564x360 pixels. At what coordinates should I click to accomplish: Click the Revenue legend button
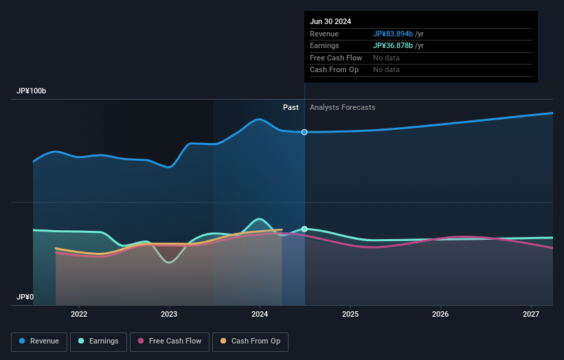click(40, 341)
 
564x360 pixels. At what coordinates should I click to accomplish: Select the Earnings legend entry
click(98, 341)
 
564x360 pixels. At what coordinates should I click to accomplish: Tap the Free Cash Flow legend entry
click(169, 341)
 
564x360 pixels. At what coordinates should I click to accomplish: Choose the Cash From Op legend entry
click(250, 341)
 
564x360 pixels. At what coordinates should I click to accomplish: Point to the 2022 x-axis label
click(79, 315)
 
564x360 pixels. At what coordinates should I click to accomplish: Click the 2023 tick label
click(169, 315)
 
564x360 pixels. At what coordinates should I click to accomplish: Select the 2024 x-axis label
click(260, 315)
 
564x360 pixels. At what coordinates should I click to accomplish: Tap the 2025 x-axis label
click(350, 315)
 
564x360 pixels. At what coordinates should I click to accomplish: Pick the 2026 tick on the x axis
click(440, 315)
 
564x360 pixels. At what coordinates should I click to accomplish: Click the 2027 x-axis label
click(531, 315)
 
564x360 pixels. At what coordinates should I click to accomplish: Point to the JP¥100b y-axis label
click(32, 91)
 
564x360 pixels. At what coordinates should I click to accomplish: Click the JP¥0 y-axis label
click(25, 297)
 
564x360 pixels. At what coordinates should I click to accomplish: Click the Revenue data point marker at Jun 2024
click(304, 132)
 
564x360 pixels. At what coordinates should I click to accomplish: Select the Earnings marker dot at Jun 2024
click(304, 229)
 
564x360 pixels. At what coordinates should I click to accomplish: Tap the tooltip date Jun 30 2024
click(330, 21)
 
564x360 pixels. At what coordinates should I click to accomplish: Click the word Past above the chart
click(291, 107)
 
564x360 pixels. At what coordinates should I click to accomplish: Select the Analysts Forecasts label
click(343, 107)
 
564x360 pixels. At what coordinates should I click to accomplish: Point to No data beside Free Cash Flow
click(386, 58)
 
